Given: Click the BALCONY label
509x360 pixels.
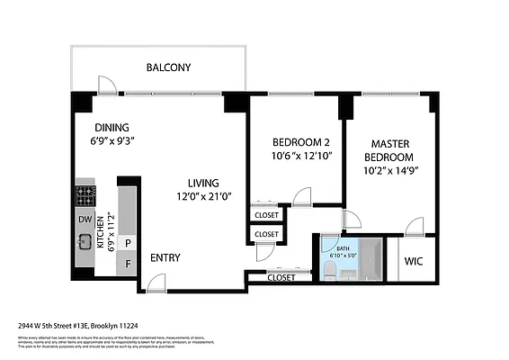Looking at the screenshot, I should point(169,67).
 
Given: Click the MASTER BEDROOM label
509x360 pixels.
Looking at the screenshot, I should point(391,150).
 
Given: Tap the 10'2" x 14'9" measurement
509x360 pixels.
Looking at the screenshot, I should point(391,169).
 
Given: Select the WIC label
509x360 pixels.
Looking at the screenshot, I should point(414,262).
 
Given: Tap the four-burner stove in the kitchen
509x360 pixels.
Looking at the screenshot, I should point(85,194).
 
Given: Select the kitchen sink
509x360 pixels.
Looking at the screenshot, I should point(85,240).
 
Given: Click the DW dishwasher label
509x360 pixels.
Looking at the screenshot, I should point(85,219).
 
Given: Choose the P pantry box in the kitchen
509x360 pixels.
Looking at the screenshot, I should point(129,242).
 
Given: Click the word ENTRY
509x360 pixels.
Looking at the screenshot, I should point(165,258).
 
